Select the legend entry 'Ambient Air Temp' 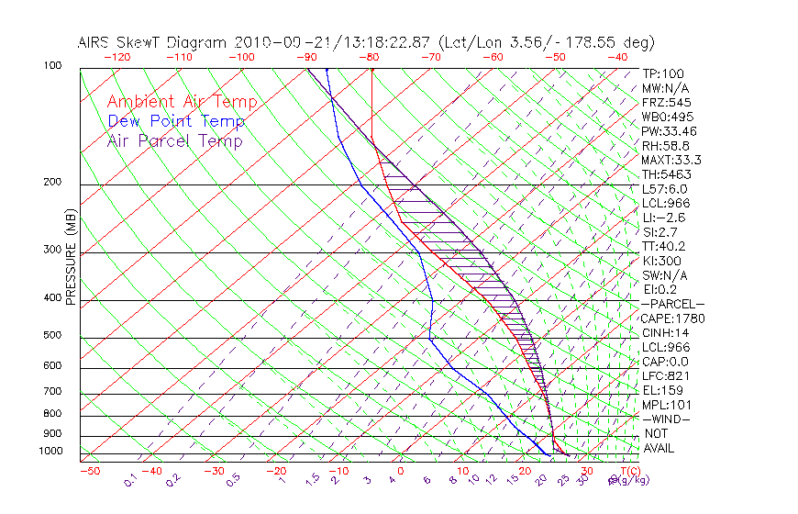pyautogui.click(x=182, y=102)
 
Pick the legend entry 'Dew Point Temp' pyautogui.click(x=176, y=121)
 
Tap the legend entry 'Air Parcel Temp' pyautogui.click(x=174, y=140)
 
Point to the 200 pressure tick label pyautogui.click(x=53, y=182)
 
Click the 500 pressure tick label pyautogui.click(x=53, y=335)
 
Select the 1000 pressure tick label pyautogui.click(x=50, y=451)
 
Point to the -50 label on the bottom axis pyautogui.click(x=89, y=471)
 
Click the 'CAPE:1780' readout pyautogui.click(x=671, y=318)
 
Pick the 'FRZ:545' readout pyautogui.click(x=666, y=102)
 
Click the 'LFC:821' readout pyautogui.click(x=665, y=375)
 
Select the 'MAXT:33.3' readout pyautogui.click(x=672, y=160)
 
